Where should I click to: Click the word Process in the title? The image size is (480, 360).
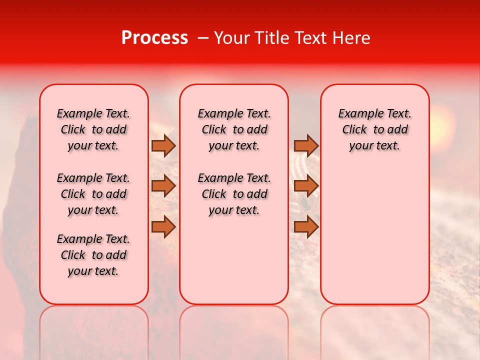154,38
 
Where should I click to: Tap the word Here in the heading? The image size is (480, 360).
351,38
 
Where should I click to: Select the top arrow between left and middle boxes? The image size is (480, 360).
163,145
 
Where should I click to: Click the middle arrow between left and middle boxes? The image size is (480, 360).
163,186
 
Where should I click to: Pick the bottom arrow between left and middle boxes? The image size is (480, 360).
163,226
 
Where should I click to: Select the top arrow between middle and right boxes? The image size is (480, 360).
305,145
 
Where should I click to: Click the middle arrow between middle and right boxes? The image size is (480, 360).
305,186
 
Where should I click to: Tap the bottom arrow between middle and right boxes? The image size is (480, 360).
305,226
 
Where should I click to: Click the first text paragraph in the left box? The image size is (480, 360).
93,129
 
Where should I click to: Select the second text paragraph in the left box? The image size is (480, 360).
93,194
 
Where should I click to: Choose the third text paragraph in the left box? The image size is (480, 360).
93,255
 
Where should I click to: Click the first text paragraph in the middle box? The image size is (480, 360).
234,129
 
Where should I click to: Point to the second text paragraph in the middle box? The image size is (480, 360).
234,194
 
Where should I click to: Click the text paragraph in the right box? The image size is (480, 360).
374,129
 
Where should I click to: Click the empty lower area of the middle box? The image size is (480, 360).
234,260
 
